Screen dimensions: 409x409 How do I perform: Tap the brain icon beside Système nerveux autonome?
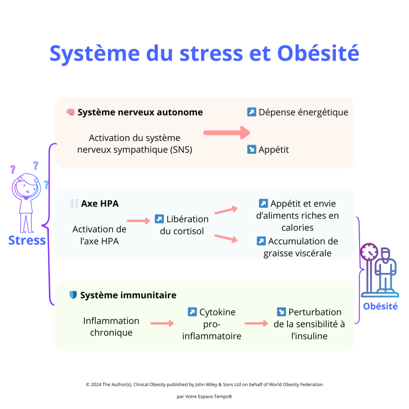[x=71, y=112]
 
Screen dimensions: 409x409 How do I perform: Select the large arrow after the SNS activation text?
[x=226, y=132]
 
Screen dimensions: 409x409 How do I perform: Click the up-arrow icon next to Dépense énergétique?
[x=251, y=112]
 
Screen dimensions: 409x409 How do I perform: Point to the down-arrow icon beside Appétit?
[x=251, y=150]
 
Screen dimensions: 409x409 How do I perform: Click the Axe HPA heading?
[x=99, y=203]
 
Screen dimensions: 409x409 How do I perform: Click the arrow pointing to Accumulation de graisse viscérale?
[x=226, y=238]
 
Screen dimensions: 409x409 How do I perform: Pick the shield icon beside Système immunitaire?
[x=73, y=295]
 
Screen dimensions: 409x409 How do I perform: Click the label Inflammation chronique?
[x=111, y=326]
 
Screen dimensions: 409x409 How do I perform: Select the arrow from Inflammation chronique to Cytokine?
[x=162, y=324]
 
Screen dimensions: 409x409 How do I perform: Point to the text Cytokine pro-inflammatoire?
[x=212, y=324]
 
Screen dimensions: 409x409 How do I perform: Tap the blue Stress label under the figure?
[x=27, y=240]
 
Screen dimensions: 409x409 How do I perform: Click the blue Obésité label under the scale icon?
[x=380, y=306]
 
